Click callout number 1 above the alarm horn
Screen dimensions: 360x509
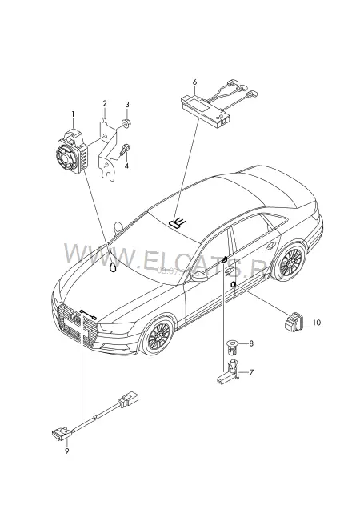(x=73, y=114)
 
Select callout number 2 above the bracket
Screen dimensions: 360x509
(x=105, y=103)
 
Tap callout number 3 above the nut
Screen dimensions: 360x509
(x=127, y=105)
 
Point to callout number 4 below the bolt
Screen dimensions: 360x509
(x=126, y=166)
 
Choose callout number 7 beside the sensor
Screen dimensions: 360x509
(x=251, y=372)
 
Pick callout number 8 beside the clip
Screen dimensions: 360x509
(x=251, y=343)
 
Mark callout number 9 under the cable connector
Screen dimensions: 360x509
(x=67, y=451)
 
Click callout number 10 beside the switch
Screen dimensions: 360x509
(x=317, y=323)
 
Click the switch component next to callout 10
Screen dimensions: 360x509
(x=293, y=322)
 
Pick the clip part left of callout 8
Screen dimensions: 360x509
(x=232, y=346)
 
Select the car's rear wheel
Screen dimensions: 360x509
(x=288, y=263)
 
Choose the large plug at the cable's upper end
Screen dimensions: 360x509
(x=128, y=399)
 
